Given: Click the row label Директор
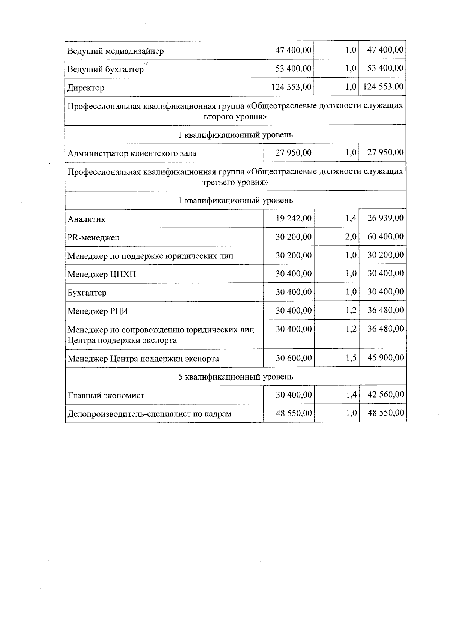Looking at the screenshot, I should [86, 88].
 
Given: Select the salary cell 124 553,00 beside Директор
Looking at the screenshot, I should [291, 87].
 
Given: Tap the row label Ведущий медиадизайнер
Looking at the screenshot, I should [115, 51].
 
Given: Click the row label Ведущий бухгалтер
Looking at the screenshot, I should [105, 69].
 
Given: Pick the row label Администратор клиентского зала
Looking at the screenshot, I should [132, 153].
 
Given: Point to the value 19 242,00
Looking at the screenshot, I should [294, 218].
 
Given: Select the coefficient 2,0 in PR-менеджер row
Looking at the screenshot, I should [351, 237].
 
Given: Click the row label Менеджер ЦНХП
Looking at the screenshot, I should [102, 275].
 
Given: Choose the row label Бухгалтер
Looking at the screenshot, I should [87, 293].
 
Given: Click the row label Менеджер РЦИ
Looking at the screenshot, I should [98, 311].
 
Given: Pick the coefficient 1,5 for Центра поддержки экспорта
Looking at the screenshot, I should [351, 358].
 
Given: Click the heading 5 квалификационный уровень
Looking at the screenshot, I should [235, 377].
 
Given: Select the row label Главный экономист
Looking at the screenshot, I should [106, 395].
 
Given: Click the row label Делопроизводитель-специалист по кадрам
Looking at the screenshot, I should [149, 414].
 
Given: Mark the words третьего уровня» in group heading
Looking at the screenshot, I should [235, 183].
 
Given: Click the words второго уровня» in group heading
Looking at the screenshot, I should [235, 117].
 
